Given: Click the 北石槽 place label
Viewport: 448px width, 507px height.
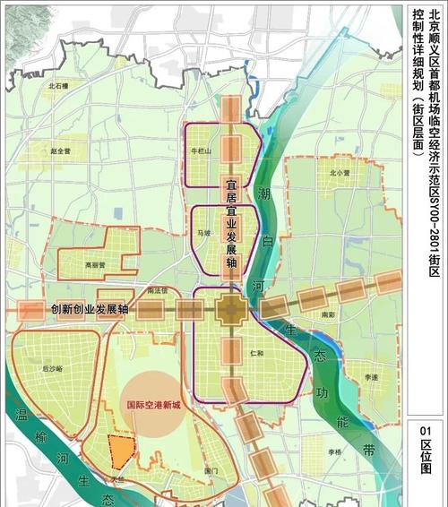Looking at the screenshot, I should coord(59,85).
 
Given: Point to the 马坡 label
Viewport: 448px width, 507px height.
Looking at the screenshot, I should coord(205,233).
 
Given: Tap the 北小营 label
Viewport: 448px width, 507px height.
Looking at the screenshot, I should coord(339,172).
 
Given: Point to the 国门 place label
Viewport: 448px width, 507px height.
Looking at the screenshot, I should coord(211,470).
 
